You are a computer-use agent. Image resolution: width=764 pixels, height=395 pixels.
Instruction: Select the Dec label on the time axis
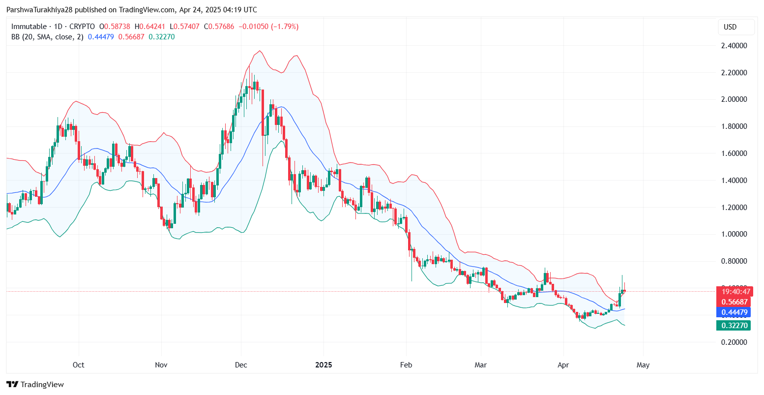coord(241,365)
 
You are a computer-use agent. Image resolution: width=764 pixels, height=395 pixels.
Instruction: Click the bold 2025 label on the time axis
coord(323,365)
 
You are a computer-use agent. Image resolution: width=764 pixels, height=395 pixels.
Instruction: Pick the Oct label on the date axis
coord(78,365)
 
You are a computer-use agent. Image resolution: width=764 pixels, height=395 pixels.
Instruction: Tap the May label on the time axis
coord(643,365)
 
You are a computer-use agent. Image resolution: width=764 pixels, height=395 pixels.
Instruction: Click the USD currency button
coord(730,27)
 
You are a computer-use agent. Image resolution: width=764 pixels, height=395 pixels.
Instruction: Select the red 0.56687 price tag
coord(734,302)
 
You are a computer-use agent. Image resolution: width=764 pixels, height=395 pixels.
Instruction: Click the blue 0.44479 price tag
coord(734,312)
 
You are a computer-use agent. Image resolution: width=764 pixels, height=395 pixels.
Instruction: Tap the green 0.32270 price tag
coord(734,325)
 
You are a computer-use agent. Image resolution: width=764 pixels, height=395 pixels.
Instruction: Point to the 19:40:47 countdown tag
coord(735,292)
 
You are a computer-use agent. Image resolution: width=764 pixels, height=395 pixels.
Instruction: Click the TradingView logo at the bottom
coord(35,385)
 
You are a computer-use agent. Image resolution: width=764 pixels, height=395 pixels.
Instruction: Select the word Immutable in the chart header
coord(29,27)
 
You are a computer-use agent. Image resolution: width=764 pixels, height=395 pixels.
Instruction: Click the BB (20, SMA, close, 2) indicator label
coord(47,37)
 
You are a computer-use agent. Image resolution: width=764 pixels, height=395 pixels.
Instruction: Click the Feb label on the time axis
coord(406,365)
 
